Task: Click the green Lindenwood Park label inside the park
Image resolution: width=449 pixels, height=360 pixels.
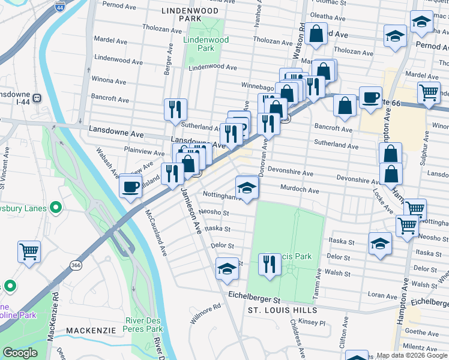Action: (197, 44)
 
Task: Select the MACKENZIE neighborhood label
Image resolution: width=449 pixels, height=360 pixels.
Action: (90, 331)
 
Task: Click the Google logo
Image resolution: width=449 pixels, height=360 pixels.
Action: (20, 353)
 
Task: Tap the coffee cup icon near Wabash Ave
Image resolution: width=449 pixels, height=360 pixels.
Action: (130, 187)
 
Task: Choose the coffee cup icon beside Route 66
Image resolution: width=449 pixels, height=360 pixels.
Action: (370, 98)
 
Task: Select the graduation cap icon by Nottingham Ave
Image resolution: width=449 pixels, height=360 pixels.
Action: (246, 188)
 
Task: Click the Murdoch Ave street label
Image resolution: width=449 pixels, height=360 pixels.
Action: (300, 190)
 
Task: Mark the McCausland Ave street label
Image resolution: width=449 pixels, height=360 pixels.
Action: (155, 232)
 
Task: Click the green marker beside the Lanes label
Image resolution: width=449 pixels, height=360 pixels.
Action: (56, 208)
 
